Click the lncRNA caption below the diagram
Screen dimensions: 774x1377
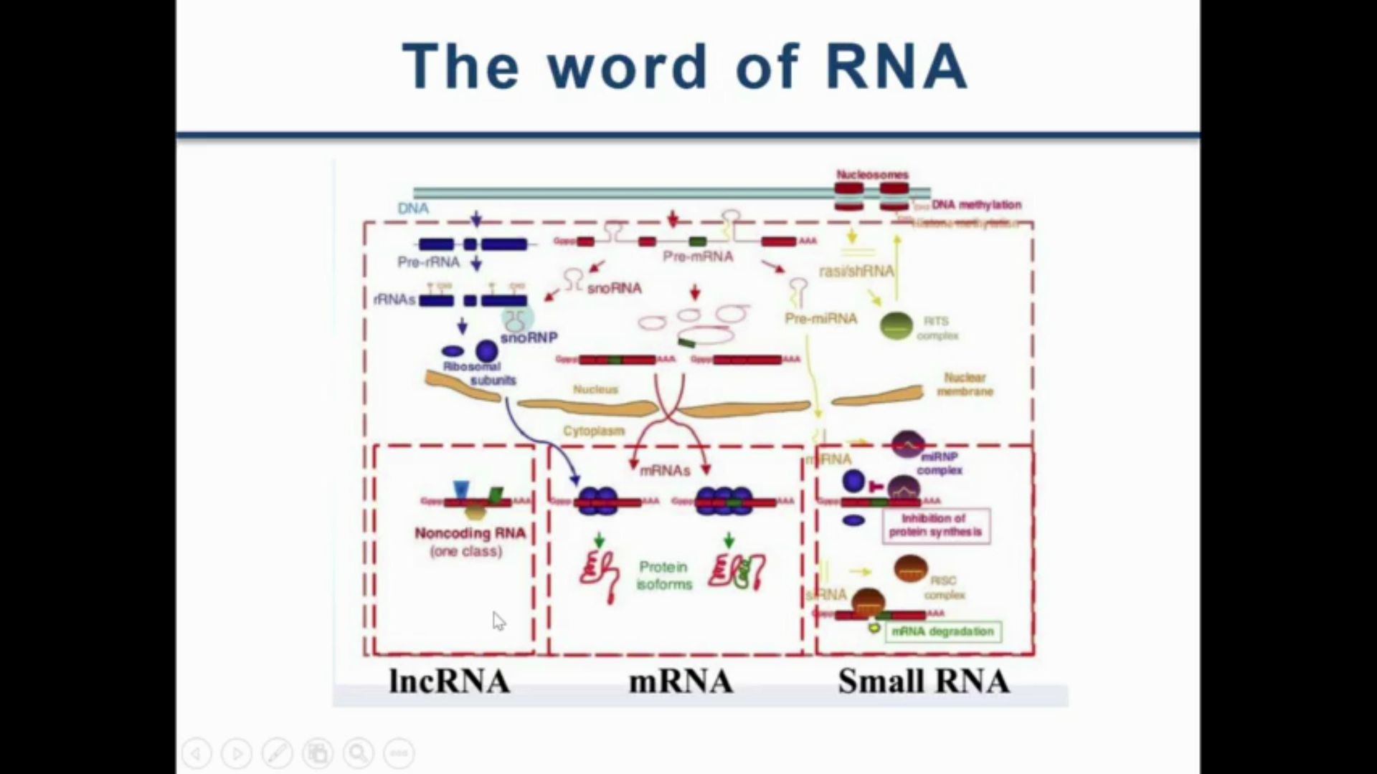click(450, 682)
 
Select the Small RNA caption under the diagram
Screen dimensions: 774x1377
click(924, 682)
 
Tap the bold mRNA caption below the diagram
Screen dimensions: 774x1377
click(681, 682)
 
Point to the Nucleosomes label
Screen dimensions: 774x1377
click(872, 175)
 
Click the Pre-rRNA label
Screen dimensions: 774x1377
click(428, 262)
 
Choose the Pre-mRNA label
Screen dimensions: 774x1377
click(698, 257)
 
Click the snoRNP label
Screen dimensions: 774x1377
click(529, 337)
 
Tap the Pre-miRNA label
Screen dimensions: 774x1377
click(820, 318)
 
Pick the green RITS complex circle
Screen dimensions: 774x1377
click(896, 326)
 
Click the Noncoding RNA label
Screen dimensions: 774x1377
click(470, 534)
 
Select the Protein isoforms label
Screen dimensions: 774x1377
click(664, 575)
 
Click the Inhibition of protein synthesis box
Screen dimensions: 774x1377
click(935, 525)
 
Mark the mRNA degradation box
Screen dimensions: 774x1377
click(942, 631)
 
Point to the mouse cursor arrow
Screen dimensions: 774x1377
click(498, 621)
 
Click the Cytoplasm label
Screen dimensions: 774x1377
click(594, 431)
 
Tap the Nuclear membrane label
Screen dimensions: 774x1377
click(965, 384)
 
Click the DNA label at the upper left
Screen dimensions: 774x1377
click(413, 209)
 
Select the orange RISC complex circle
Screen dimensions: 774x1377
click(911, 569)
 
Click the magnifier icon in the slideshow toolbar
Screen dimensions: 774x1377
click(358, 753)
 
